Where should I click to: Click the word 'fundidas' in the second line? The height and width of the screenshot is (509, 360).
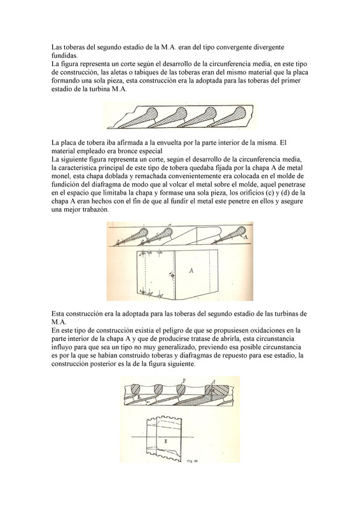64,55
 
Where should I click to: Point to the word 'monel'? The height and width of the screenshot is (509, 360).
59,176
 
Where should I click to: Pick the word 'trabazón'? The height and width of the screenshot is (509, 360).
96,210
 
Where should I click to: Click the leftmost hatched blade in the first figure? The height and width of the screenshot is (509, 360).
137,119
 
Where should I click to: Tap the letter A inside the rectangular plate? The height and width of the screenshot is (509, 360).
191,270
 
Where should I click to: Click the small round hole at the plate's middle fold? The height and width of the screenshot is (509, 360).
173,276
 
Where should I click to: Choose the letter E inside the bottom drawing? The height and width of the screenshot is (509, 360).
165,441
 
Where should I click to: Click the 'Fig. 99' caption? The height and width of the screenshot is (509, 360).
193,461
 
